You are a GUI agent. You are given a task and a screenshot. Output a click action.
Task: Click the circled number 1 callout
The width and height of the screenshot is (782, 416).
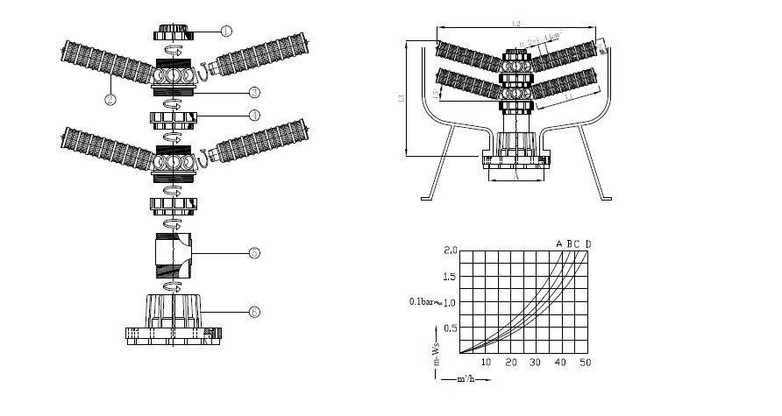click(225, 31)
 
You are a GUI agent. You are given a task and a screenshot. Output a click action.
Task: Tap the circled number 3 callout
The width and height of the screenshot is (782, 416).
click(252, 91)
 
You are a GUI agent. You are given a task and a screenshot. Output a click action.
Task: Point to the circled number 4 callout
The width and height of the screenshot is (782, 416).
click(252, 115)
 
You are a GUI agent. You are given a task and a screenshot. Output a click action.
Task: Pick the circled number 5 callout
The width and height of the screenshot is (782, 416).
click(252, 254)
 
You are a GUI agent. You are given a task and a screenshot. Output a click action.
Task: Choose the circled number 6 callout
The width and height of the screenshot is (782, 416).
click(253, 312)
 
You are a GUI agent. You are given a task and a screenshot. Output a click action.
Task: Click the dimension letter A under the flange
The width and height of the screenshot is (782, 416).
click(515, 175)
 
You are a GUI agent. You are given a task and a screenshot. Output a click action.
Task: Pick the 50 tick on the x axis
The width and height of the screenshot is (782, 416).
click(586, 363)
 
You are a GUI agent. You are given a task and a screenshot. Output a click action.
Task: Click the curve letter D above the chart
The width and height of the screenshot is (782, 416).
click(587, 243)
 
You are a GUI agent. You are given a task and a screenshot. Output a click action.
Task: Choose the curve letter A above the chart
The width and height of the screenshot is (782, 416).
click(558, 243)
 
